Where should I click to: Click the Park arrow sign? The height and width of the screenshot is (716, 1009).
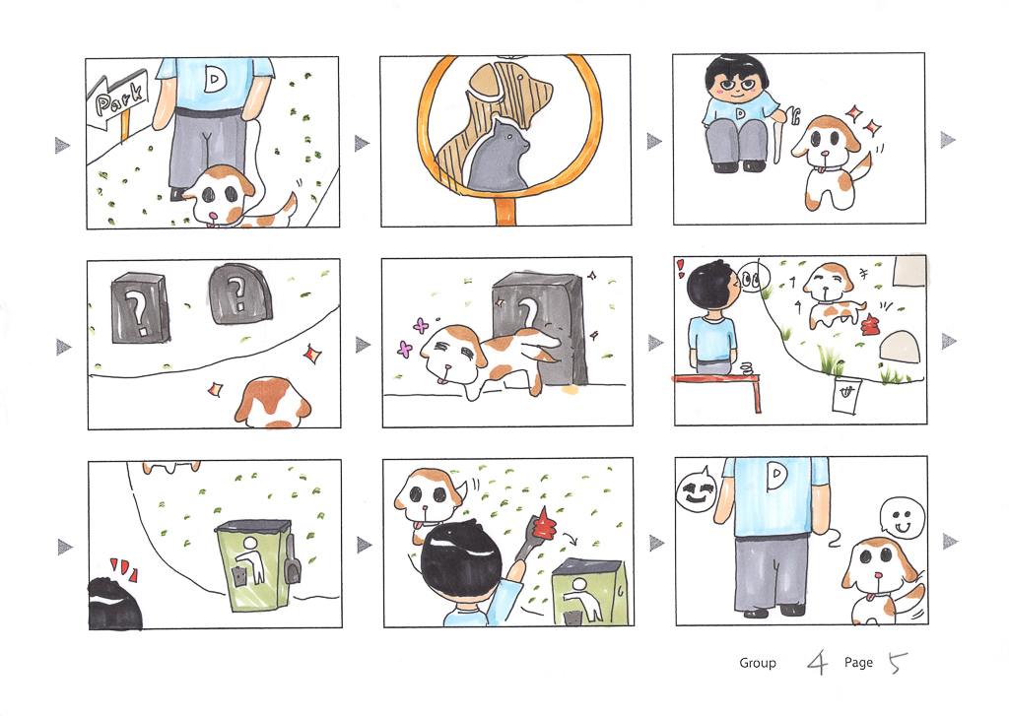click(x=119, y=98)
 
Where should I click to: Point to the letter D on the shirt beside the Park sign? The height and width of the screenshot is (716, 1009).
click(x=214, y=79)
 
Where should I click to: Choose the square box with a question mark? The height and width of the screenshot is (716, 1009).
click(x=141, y=307)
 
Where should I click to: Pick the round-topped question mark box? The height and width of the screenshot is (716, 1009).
click(x=239, y=294)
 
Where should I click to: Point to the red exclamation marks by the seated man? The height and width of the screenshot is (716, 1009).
click(x=680, y=268)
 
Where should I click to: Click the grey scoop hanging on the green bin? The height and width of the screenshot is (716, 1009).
click(x=293, y=558)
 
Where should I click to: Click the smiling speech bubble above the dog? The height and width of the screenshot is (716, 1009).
click(x=903, y=518)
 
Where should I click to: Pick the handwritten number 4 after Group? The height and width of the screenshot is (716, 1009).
click(x=817, y=662)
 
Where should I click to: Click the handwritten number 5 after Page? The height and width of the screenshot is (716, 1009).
click(x=897, y=662)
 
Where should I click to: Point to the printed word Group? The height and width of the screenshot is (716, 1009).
click(x=758, y=663)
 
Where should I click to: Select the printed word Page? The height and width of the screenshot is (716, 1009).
click(x=858, y=663)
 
